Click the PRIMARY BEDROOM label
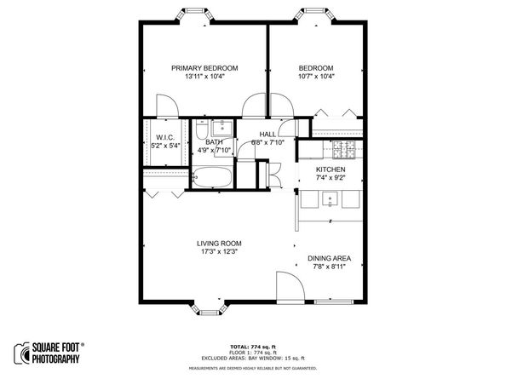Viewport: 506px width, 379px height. click(x=204, y=68)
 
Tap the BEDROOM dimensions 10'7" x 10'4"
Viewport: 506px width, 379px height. click(x=315, y=78)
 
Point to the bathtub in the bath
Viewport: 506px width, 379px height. click(x=210, y=179)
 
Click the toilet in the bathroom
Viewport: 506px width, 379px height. click(x=199, y=131)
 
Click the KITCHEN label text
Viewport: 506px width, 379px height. click(x=331, y=170)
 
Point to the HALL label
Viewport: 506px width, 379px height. click(x=267, y=135)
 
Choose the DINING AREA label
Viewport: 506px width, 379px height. click(x=330, y=258)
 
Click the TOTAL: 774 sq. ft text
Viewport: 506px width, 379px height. click(x=253, y=347)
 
